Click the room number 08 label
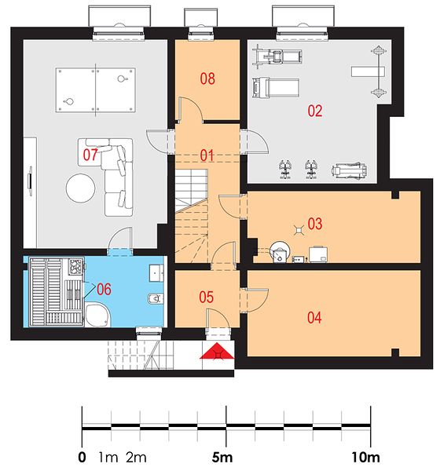point(207,78)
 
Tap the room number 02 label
point(315,111)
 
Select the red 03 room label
point(315,224)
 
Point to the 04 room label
point(314,317)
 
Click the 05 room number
point(207,297)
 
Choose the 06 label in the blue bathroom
point(104,289)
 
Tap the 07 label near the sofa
point(90,155)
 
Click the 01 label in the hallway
point(207,155)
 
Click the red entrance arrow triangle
point(217,352)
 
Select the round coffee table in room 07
point(81,188)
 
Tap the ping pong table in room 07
point(95,90)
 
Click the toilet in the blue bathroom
point(156,298)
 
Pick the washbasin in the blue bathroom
point(156,272)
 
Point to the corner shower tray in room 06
point(97,316)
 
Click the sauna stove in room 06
point(76,266)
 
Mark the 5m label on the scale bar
point(222,458)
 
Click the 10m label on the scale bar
point(365,458)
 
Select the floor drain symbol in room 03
point(299,230)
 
